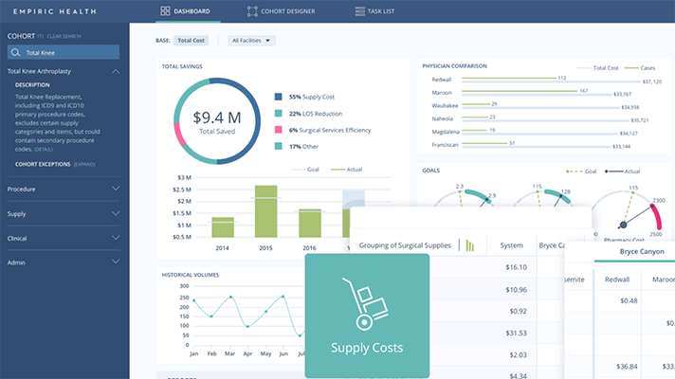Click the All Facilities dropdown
point(252,41)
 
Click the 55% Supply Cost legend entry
point(314,97)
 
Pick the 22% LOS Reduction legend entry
point(315,113)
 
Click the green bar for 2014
point(223,226)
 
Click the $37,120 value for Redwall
point(651,81)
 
